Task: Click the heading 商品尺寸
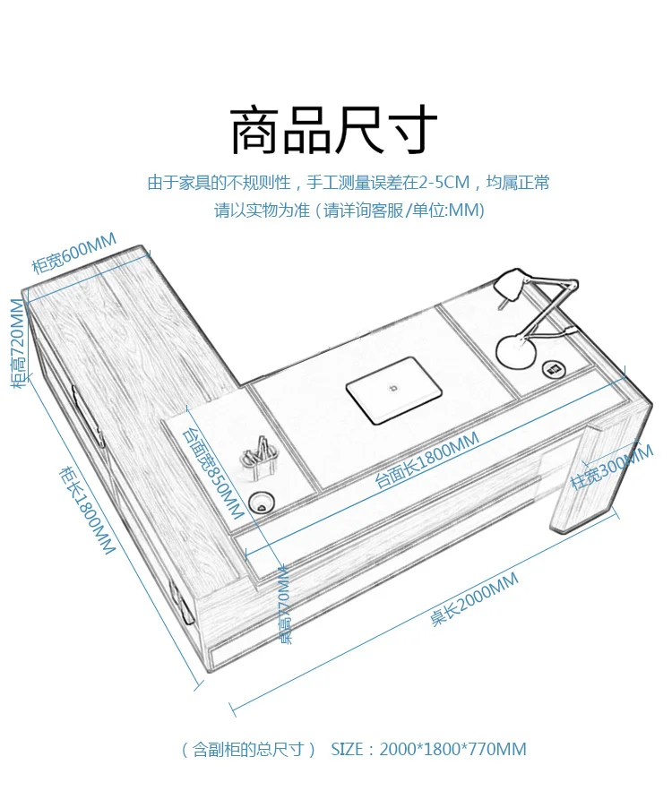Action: click(334, 131)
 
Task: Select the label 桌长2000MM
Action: click(474, 599)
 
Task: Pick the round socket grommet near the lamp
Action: click(554, 368)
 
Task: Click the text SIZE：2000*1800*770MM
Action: click(428, 749)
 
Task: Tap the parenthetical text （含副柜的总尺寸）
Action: click(248, 749)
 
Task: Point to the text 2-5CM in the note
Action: click(448, 183)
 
